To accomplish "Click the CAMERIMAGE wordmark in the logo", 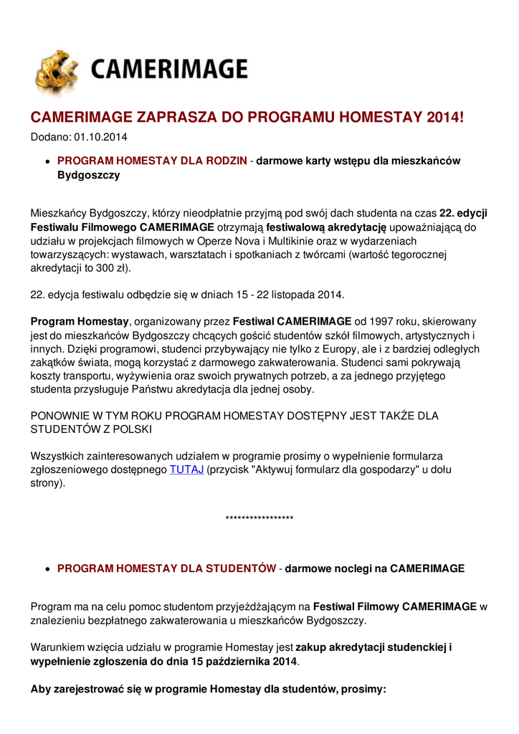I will click(x=168, y=70).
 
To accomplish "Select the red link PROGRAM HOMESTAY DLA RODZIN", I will click(x=152, y=161).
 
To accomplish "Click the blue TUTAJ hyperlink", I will click(x=186, y=470).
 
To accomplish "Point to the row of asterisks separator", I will click(x=259, y=518).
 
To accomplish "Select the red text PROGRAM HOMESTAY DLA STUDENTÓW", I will click(x=166, y=568).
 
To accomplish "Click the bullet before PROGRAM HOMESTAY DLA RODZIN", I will click(x=47, y=161).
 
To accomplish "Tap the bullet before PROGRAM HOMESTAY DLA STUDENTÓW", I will click(x=47, y=569).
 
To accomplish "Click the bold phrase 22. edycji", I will click(x=463, y=214).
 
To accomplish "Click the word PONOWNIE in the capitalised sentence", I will click(x=61, y=416).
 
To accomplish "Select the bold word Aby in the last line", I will click(x=41, y=689).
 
